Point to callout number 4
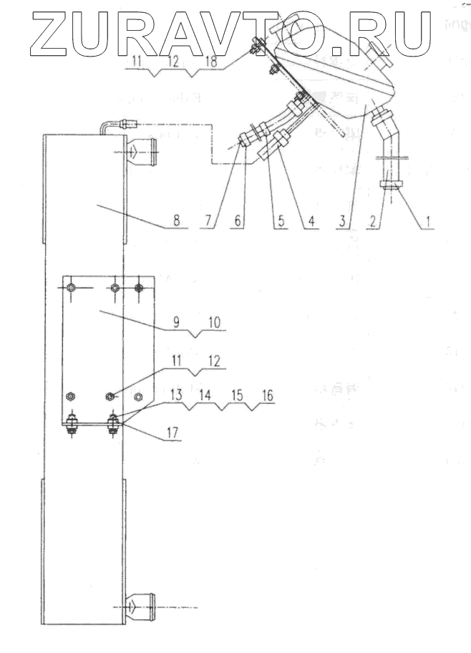310,221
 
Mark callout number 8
176,221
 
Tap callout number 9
176,323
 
